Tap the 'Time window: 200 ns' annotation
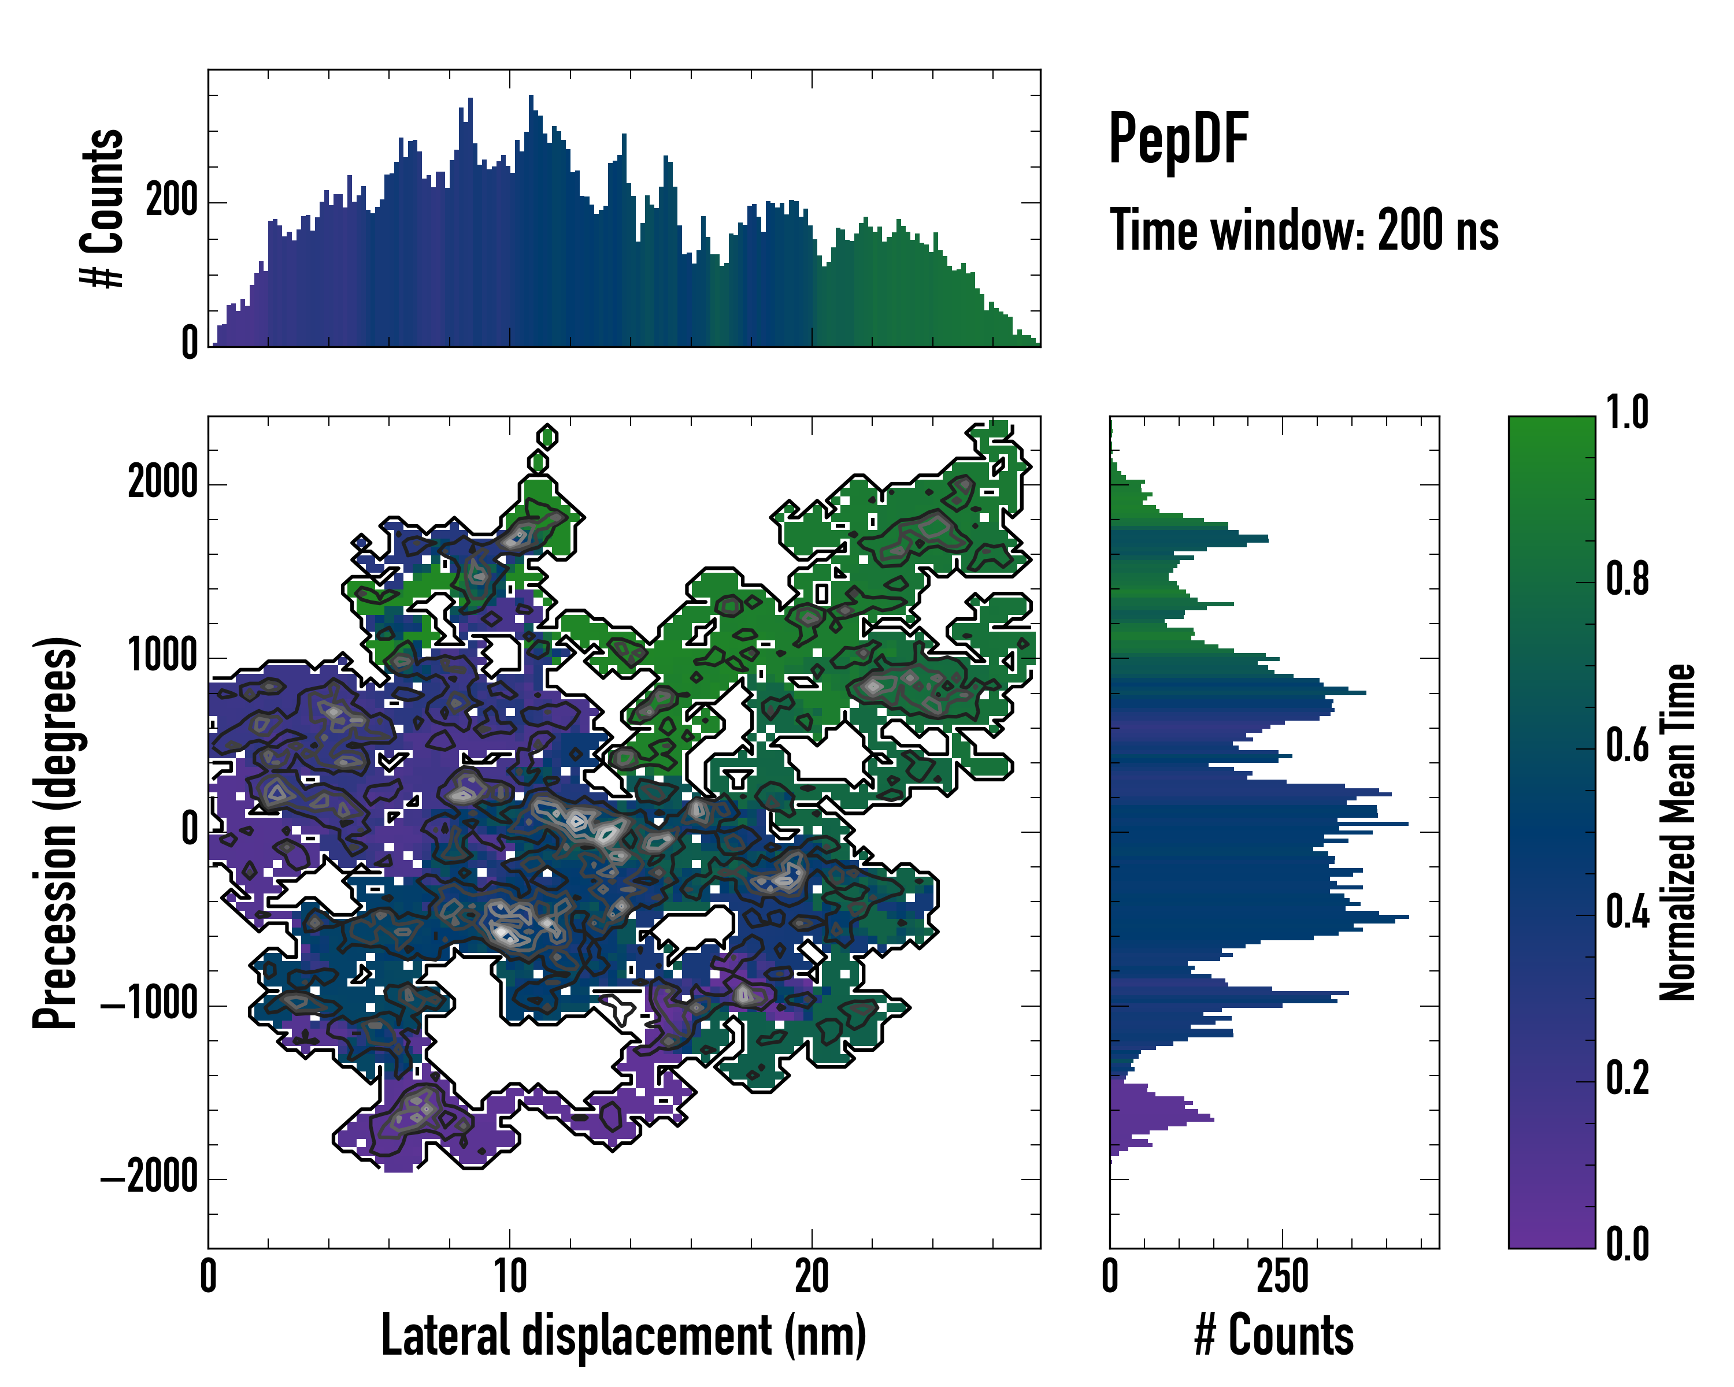[1304, 230]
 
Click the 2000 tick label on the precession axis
[162, 483]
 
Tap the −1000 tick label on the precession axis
[150, 1004]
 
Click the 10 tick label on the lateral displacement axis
[510, 1276]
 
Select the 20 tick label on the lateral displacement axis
[812, 1276]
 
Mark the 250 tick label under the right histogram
[1283, 1276]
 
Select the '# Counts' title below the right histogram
[1274, 1336]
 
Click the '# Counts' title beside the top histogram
[102, 208]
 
